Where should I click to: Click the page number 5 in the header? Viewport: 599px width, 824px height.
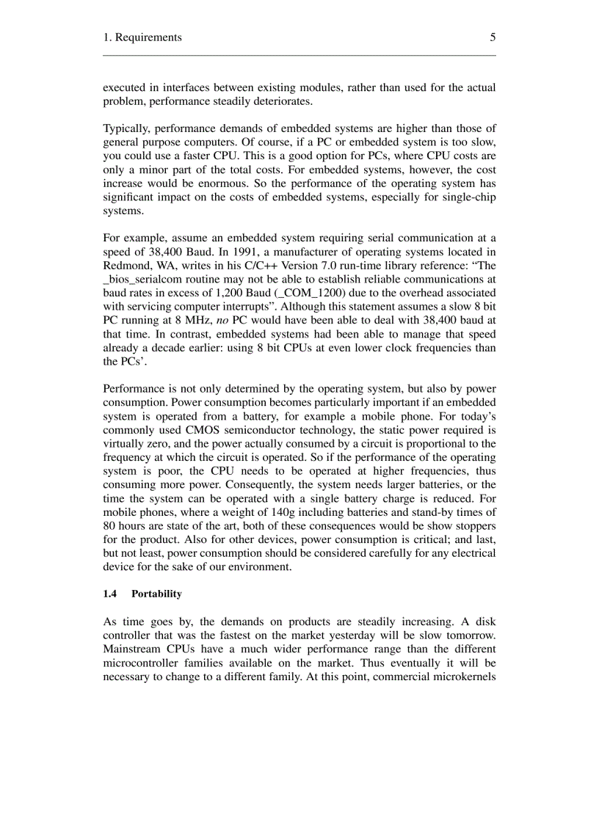[x=493, y=37]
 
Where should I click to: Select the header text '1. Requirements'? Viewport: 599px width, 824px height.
[x=142, y=37]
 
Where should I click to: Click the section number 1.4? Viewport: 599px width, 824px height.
[x=110, y=594]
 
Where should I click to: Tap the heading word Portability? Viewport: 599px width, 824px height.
[x=156, y=594]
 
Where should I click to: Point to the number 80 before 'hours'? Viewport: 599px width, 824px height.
[x=110, y=525]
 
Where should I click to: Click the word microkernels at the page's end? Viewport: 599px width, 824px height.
[x=465, y=677]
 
